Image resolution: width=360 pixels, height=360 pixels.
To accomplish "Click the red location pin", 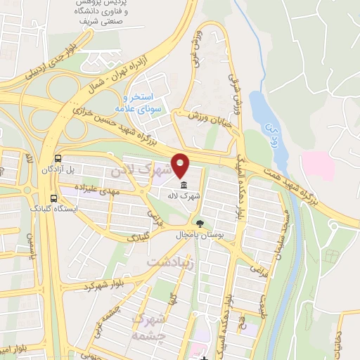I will click(x=182, y=165).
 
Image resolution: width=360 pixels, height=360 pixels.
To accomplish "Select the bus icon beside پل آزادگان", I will click(x=57, y=159).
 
